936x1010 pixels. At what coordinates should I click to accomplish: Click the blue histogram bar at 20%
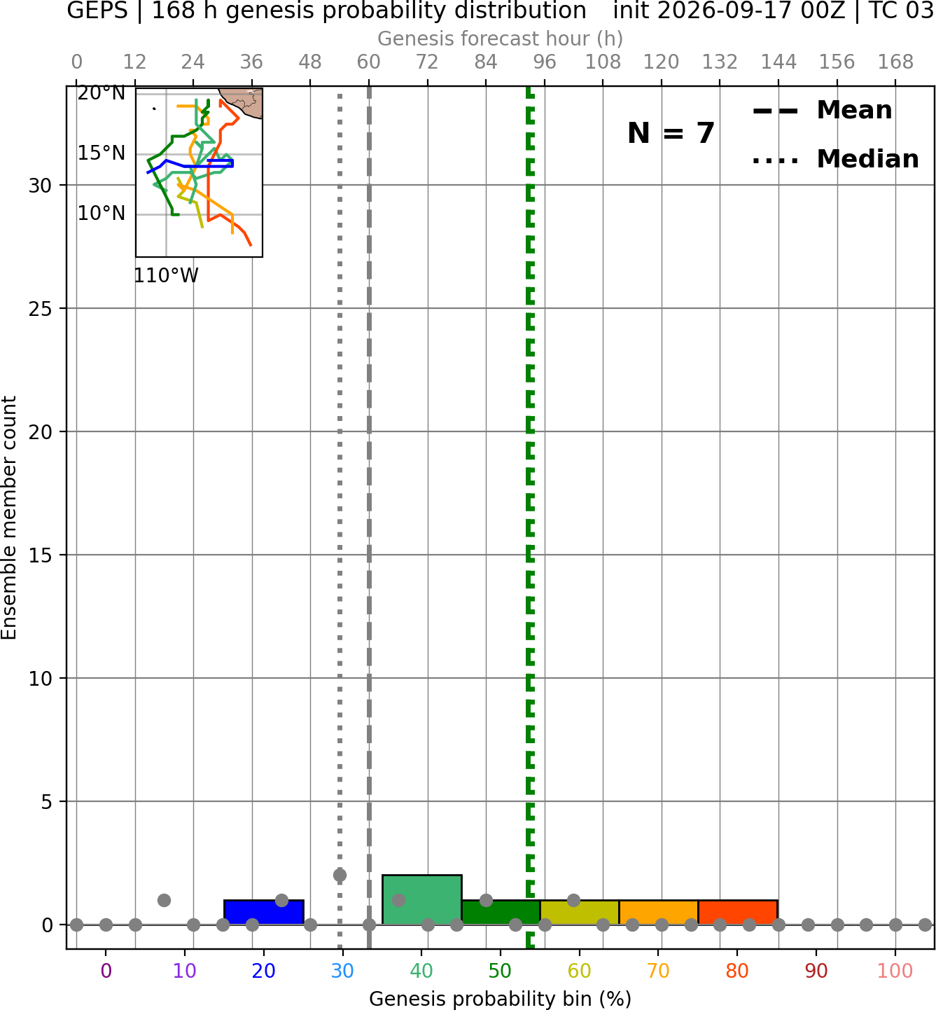pos(264,913)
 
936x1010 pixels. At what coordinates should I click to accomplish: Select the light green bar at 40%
pos(422,899)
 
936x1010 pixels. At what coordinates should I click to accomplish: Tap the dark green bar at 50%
pos(501,913)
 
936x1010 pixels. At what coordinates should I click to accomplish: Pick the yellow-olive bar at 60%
pos(580,913)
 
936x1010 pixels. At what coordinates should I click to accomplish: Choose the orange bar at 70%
pos(659,913)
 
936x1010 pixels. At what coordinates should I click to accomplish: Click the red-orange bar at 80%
pos(738,913)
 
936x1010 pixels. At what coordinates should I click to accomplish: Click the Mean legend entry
pos(822,111)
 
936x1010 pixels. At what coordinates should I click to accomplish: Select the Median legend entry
pos(836,159)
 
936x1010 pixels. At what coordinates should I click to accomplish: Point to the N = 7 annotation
pos(671,133)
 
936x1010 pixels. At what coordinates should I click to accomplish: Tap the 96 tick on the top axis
pos(545,62)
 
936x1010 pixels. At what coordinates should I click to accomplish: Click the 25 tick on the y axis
pos(41,309)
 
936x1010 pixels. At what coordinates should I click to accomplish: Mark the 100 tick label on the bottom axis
pos(895,971)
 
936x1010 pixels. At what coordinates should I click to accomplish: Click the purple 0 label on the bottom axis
pos(106,971)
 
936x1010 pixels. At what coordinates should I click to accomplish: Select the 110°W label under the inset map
pos(166,276)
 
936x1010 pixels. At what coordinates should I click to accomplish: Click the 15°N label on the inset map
pos(102,153)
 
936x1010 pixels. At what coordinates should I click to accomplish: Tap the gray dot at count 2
pos(340,876)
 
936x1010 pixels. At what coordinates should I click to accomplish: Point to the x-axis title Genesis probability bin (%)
pos(501,999)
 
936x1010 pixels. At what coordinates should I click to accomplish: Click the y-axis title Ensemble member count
pos(9,518)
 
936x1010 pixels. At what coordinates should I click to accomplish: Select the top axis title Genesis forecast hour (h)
pos(501,39)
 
